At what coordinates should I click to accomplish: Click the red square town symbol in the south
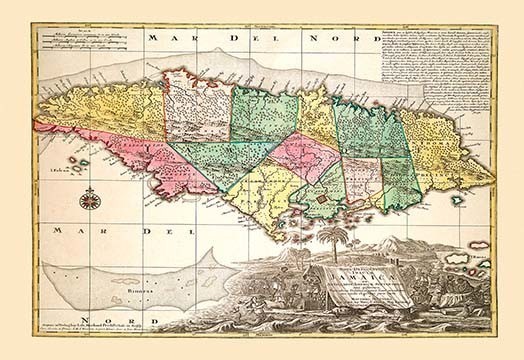click(x=324, y=201)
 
